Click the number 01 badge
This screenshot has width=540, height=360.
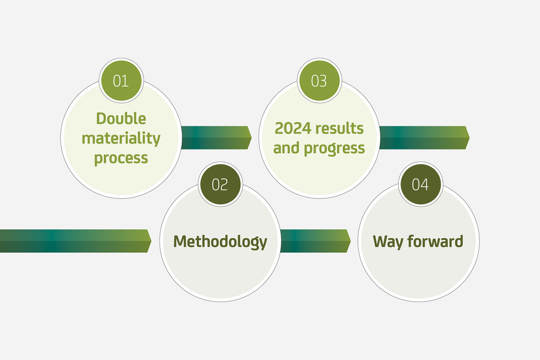coord(121,81)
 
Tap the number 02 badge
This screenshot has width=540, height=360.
coord(220,185)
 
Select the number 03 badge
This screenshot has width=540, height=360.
coord(319,81)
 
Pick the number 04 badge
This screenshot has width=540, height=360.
coord(420,185)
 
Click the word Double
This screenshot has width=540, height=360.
coord(121,118)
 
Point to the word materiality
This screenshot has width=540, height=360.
coord(121,138)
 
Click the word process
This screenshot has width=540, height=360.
coord(121,158)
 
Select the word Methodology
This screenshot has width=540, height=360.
coord(220,242)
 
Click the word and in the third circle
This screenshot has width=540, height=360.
coord(287,148)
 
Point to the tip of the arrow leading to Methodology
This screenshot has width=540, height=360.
coord(150,241)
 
